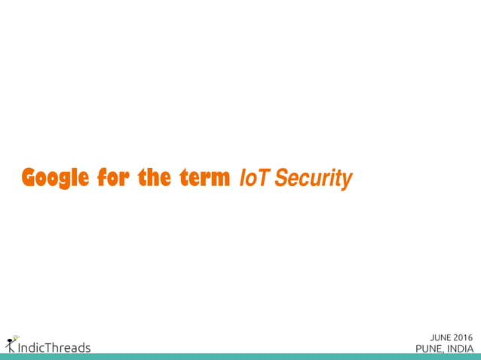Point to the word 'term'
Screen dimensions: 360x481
point(205,178)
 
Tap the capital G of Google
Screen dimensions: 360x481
point(29,178)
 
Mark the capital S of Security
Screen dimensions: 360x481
point(281,179)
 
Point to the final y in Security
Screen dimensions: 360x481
point(348,182)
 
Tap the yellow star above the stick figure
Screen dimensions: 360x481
point(16,337)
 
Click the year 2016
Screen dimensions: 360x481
point(464,337)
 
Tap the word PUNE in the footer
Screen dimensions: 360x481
point(428,349)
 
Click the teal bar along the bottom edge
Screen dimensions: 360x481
point(240,357)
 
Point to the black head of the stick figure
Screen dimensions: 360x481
point(9,340)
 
